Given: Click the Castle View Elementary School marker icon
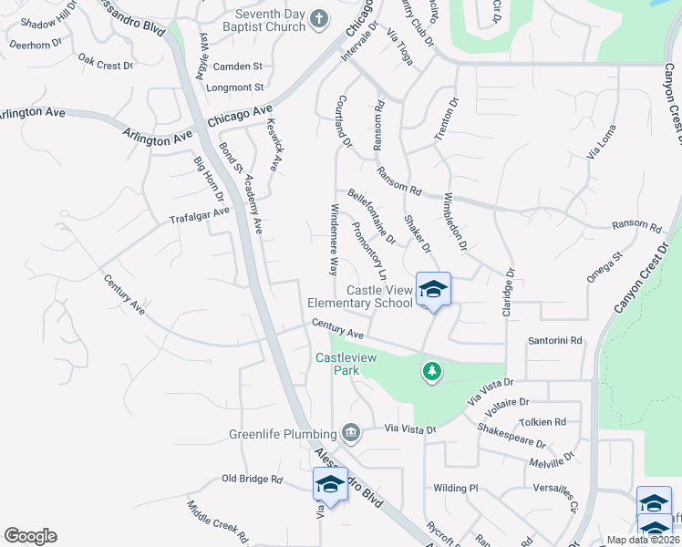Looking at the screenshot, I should click(x=433, y=291).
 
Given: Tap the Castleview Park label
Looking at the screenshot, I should click(x=346, y=358).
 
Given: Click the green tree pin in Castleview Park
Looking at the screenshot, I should click(x=432, y=371).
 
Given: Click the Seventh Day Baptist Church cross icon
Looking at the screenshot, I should click(x=318, y=17).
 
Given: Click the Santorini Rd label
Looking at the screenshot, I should click(x=554, y=340).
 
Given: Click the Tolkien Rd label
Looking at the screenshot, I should click(x=542, y=422).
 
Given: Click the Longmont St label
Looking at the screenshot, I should click(x=237, y=88).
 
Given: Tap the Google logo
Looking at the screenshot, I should click(x=30, y=536).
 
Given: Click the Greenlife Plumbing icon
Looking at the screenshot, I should click(x=350, y=431).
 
